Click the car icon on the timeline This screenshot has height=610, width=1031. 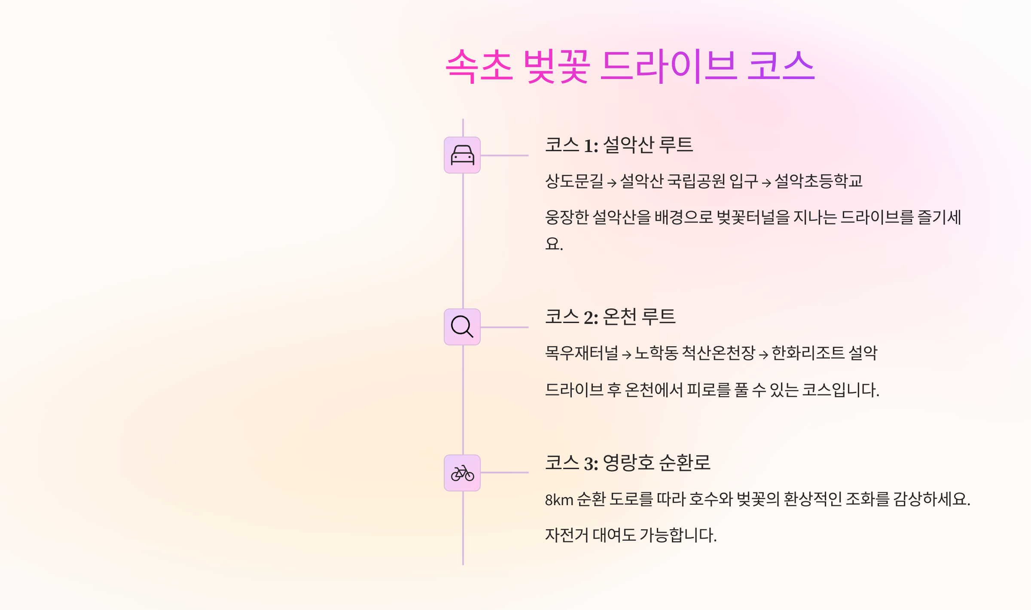point(462,155)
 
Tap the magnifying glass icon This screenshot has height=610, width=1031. point(462,327)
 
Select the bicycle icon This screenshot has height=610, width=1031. point(462,473)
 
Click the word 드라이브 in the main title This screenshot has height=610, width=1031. point(668,66)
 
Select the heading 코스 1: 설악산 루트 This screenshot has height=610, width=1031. point(619,145)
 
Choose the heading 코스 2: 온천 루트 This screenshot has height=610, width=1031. point(610,317)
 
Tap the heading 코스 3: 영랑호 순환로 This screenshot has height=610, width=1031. point(627,463)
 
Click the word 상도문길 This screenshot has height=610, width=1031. point(574,181)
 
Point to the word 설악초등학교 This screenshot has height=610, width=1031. point(818,181)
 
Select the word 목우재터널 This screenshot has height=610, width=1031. point(581,353)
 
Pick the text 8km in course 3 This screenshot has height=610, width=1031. point(559,500)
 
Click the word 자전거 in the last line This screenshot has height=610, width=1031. point(567,535)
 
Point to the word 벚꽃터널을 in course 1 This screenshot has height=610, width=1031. point(753,217)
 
